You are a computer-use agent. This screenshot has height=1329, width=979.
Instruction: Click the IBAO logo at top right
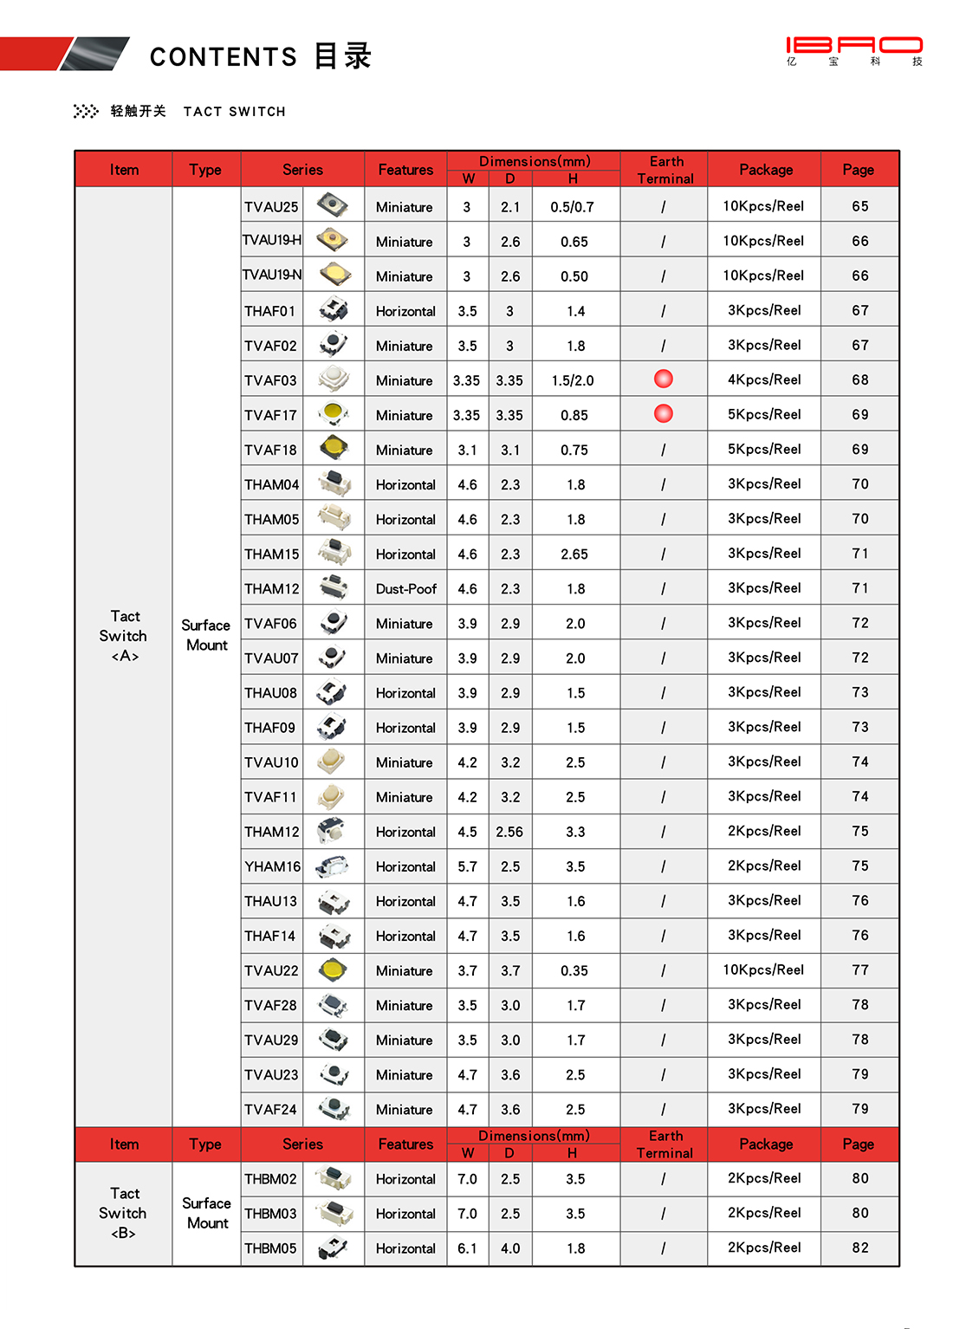(854, 49)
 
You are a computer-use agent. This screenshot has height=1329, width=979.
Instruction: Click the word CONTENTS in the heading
(224, 57)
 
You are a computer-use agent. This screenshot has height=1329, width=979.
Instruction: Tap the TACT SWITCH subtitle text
(234, 112)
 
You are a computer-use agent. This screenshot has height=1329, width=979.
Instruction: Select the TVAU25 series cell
(271, 207)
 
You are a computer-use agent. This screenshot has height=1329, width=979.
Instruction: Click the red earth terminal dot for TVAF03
(664, 379)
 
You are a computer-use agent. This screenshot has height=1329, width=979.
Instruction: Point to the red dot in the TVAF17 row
(664, 413)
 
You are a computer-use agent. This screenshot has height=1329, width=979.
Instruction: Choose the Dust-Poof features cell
(405, 589)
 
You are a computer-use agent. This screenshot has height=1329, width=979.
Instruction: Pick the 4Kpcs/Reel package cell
(764, 379)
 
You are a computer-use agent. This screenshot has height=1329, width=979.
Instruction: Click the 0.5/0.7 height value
(573, 207)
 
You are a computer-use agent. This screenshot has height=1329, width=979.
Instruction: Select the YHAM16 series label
(272, 866)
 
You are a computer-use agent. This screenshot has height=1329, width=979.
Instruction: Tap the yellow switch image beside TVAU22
(333, 970)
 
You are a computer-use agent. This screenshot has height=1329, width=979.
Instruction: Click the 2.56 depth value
(509, 832)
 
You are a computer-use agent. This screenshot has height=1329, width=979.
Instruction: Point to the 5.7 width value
(467, 866)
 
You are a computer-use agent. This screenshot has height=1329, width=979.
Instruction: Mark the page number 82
(859, 1248)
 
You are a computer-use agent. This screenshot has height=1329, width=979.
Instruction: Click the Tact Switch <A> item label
(124, 636)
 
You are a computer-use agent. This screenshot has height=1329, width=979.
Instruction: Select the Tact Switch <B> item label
(123, 1213)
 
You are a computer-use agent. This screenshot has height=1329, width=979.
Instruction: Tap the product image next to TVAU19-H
(333, 240)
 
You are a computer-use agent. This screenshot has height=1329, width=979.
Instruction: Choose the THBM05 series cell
(270, 1248)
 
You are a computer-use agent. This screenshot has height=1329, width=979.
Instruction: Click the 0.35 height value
(574, 970)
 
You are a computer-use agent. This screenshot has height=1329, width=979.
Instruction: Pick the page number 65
(859, 206)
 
